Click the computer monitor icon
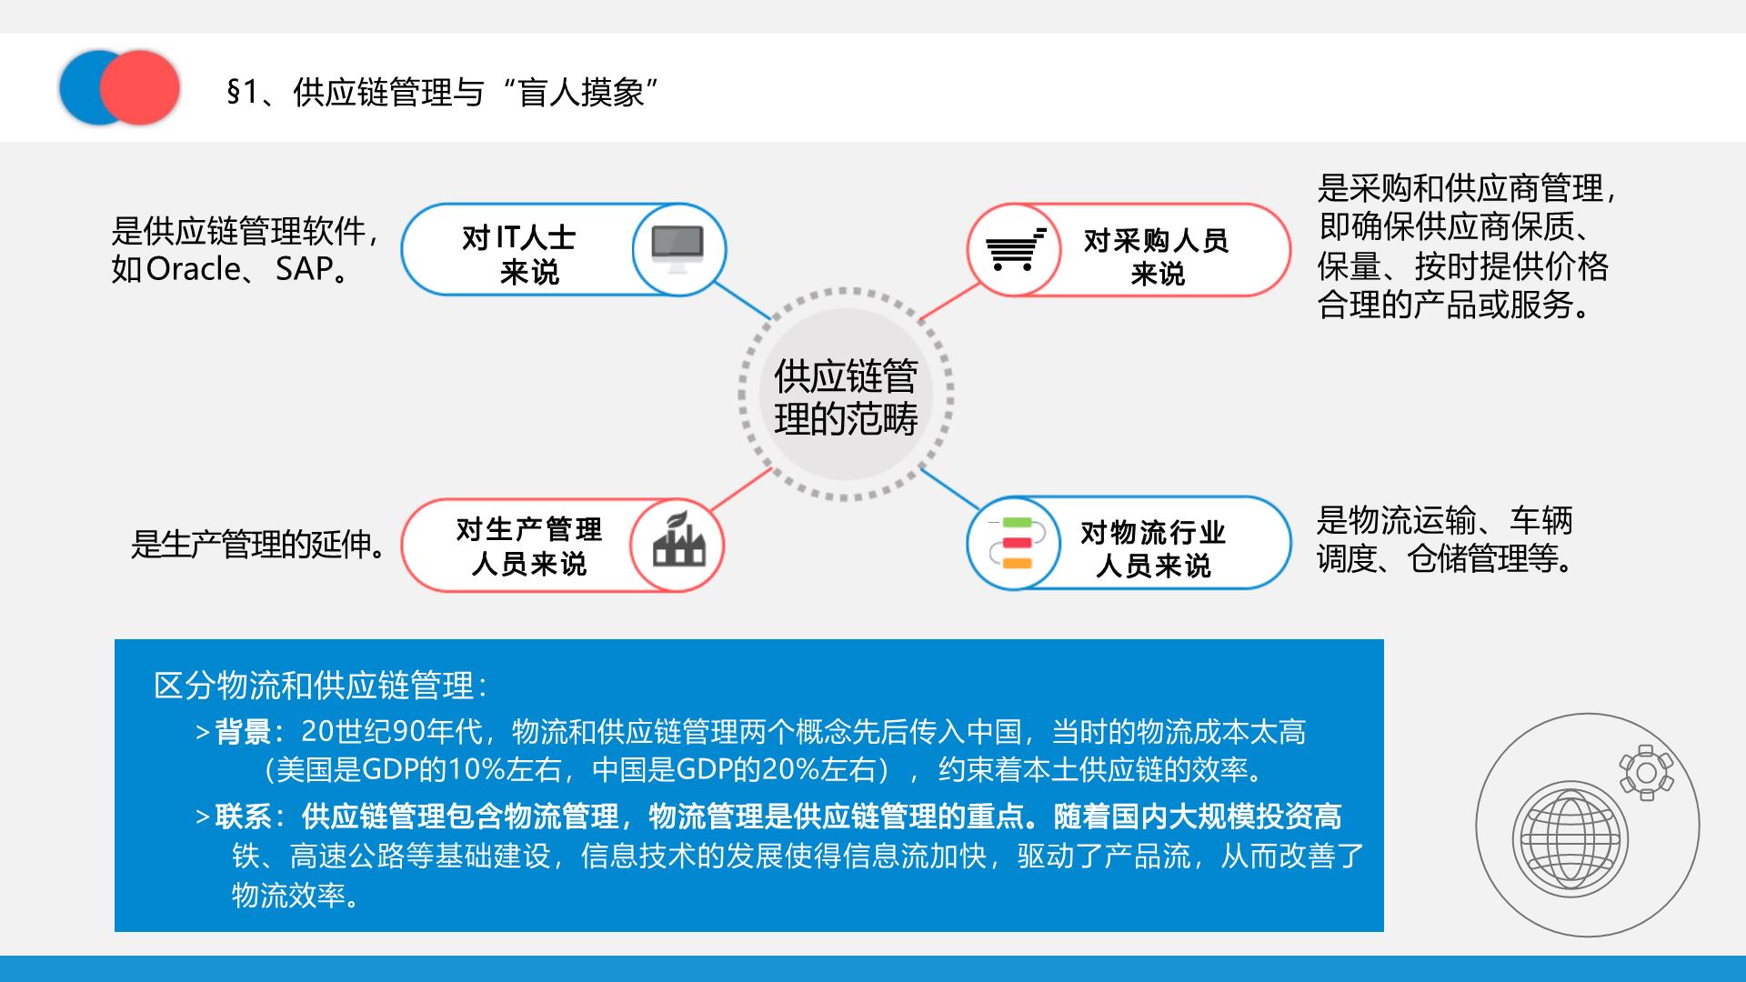(x=677, y=249)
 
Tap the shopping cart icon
(x=1016, y=248)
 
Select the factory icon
(x=678, y=540)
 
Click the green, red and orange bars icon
(x=1016, y=542)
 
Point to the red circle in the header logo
(x=139, y=87)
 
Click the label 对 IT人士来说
(x=519, y=255)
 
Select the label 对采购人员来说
(x=1157, y=256)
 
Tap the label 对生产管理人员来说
(x=529, y=546)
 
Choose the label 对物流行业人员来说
(x=1153, y=548)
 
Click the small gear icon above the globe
(x=1646, y=773)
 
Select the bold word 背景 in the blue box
(x=242, y=732)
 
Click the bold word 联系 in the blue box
(x=242, y=817)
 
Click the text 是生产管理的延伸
(x=258, y=545)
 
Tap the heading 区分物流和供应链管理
(x=320, y=686)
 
